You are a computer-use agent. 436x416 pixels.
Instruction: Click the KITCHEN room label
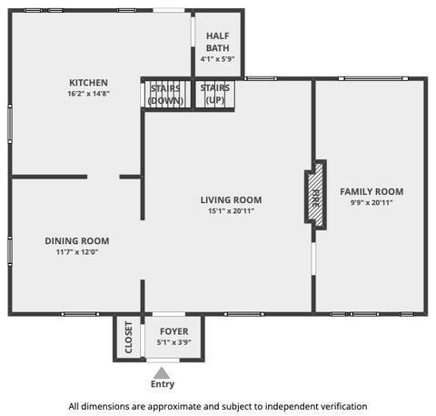[x=88, y=83]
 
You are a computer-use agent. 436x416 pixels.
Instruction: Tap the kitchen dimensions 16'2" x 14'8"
[x=88, y=94]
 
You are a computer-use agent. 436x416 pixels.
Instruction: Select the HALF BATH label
[x=218, y=42]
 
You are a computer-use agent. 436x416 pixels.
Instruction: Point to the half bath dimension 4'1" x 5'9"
[x=218, y=59]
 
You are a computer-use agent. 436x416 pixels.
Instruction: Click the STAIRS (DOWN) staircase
[x=166, y=94]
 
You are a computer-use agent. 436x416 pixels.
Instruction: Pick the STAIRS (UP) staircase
[x=215, y=94]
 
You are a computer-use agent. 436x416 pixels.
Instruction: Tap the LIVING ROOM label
[x=231, y=200]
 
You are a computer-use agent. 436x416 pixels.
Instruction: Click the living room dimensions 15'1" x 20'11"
[x=231, y=211]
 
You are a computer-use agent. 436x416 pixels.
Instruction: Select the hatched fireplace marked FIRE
[x=315, y=195]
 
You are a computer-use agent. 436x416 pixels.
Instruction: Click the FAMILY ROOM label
[x=372, y=192]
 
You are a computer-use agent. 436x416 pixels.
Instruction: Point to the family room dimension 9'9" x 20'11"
[x=372, y=202]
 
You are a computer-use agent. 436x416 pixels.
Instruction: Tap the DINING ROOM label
[x=77, y=241]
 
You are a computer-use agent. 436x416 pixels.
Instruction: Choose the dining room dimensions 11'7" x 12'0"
[x=77, y=252]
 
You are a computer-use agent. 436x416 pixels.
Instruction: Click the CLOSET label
[x=129, y=338]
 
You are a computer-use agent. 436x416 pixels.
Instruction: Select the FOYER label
[x=174, y=331]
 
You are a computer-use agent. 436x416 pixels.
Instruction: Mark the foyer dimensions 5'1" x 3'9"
[x=174, y=342]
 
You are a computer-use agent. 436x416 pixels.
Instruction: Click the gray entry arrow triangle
[x=162, y=374]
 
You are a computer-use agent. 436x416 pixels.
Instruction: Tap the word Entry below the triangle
[x=163, y=384]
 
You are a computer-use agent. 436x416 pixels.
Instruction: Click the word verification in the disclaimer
[x=344, y=406]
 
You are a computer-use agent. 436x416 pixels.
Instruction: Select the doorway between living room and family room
[x=313, y=259]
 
